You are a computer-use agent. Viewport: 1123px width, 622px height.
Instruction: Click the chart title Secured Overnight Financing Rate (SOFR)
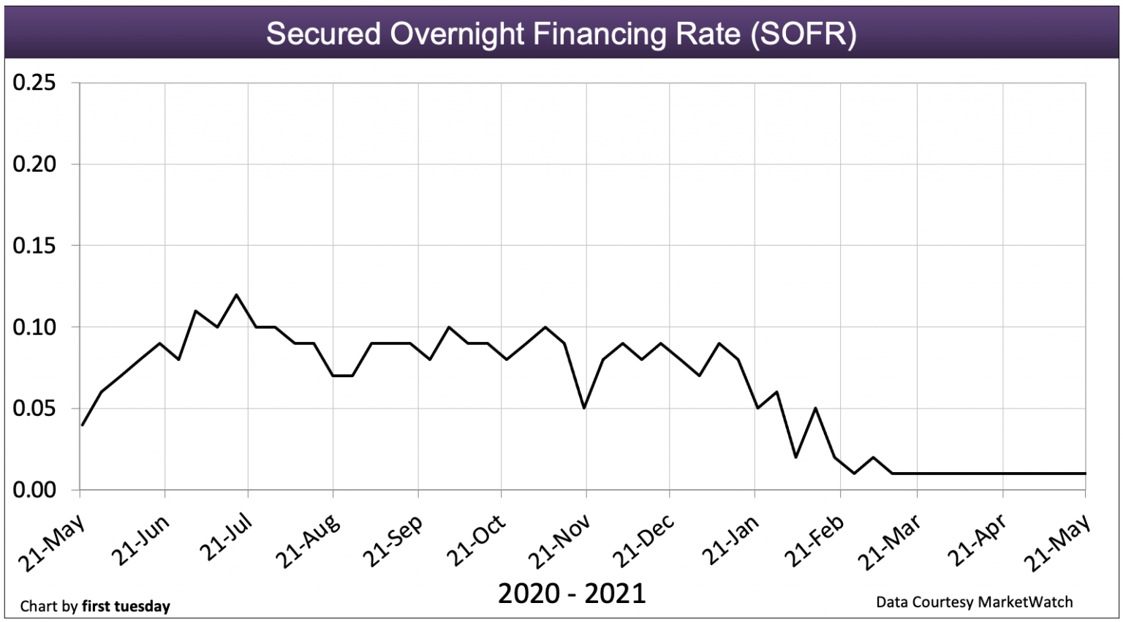click(561, 34)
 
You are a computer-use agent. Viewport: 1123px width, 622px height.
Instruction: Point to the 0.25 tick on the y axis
click(34, 83)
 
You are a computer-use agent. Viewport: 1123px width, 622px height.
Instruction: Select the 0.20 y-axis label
click(34, 164)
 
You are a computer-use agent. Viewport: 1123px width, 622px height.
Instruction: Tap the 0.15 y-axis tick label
click(34, 246)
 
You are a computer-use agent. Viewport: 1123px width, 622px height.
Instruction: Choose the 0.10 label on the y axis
click(34, 327)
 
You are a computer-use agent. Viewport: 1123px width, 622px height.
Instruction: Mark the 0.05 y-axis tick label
click(34, 409)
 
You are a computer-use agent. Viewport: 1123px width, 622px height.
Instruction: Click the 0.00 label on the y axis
click(34, 490)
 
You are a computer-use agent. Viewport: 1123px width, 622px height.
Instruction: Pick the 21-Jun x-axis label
click(140, 541)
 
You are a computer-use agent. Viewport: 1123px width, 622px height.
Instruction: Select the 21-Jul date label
click(226, 538)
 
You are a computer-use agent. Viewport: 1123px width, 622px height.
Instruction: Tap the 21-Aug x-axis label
click(308, 542)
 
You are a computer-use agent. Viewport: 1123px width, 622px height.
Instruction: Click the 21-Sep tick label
click(393, 542)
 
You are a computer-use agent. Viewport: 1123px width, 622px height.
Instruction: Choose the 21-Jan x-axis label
click(730, 541)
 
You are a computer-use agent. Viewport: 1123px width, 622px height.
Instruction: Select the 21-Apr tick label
click(976, 542)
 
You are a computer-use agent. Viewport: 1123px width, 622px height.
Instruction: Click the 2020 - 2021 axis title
click(572, 593)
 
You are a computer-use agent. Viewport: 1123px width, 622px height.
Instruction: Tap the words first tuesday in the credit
click(126, 606)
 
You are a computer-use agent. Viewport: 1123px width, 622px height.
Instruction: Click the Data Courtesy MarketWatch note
click(974, 602)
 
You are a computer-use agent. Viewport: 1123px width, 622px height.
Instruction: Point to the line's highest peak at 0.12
click(236, 295)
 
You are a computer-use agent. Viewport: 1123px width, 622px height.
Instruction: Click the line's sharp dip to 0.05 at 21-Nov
click(583, 408)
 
